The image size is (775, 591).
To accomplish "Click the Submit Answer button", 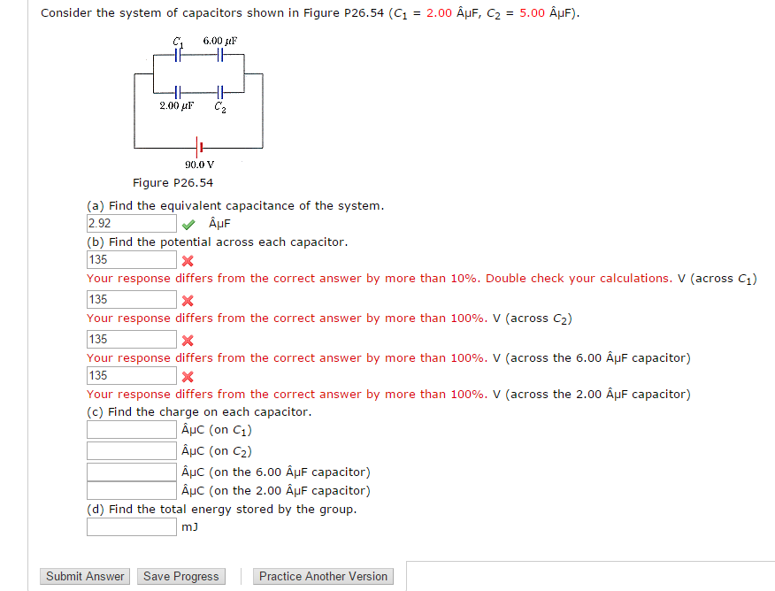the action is (x=85, y=576).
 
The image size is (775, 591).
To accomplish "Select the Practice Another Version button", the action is (x=323, y=576).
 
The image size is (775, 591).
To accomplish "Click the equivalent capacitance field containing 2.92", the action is (x=131, y=224).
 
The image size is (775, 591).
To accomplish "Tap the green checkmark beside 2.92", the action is (x=188, y=224).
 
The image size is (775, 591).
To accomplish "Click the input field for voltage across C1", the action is (x=131, y=260).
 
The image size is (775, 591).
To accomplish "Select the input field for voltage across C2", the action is (x=131, y=300).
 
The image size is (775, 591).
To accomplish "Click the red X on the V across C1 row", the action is (x=188, y=261).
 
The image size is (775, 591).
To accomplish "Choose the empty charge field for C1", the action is (x=131, y=430).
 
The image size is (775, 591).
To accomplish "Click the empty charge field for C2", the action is (x=131, y=450).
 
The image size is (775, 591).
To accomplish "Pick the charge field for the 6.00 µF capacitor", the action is (x=131, y=471).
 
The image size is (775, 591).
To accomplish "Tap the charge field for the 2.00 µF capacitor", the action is (x=131, y=490).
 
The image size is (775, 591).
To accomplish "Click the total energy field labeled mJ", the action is (x=131, y=527).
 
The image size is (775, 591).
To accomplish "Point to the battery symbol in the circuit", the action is (x=200, y=146).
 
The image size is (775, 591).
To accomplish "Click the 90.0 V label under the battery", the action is (x=200, y=165).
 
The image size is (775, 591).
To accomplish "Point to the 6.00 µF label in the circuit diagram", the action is (x=219, y=41).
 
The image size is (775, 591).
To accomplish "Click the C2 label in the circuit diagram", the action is (x=219, y=108).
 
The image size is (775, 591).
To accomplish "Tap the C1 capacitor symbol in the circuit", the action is (x=179, y=55).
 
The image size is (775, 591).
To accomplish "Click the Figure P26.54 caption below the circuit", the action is (x=173, y=183).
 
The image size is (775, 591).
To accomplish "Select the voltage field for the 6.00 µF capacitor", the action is (x=131, y=340).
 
